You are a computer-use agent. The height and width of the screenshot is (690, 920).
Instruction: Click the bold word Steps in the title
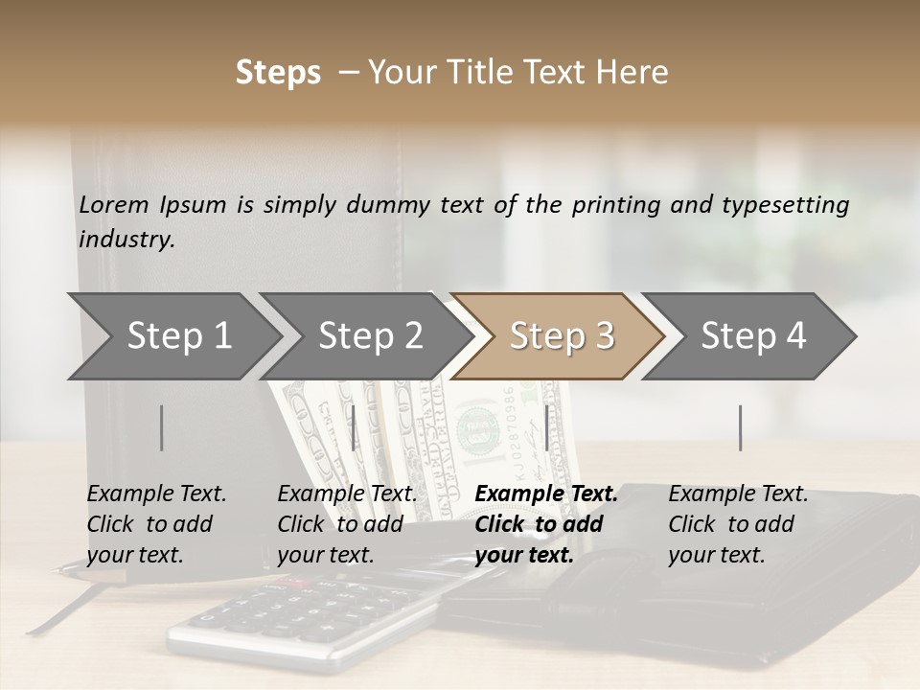pos(278,73)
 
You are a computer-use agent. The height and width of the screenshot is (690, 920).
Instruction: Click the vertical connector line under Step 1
pos(162,427)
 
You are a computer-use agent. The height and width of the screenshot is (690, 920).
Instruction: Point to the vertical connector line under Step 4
pos(741,427)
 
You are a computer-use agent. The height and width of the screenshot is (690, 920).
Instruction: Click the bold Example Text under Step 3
pos(546,494)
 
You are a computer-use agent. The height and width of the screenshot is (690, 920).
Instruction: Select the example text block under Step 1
pos(156,524)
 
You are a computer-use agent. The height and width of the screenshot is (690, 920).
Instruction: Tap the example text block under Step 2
pos(347,524)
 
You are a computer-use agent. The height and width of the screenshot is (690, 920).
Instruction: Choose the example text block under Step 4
pos(738,524)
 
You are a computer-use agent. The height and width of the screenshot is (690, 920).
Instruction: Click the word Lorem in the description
pos(114,205)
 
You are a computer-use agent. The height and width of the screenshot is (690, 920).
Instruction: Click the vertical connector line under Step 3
pos(546,427)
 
